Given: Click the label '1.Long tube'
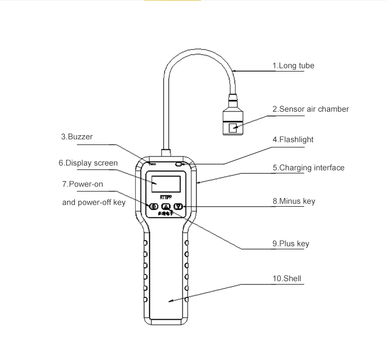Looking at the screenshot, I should (293, 66).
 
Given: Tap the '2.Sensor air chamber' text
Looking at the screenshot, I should (311, 109).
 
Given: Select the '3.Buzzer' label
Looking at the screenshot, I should (77, 137).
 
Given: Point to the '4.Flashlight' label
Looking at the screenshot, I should (293, 140).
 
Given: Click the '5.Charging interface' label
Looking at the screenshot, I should (308, 168).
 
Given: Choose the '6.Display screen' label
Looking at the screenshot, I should (88, 163).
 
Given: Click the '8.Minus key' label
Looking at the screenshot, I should (293, 201).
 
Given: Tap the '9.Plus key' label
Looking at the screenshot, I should (290, 243).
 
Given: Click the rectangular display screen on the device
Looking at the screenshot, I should (166, 184).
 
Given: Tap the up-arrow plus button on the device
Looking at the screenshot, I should (166, 207).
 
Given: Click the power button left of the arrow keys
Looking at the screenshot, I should (153, 207).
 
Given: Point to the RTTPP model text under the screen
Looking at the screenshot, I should (166, 197).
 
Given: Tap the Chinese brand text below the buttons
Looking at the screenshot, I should (166, 215).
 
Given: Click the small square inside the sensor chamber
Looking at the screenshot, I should (233, 128).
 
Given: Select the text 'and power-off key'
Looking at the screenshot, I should (94, 202).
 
